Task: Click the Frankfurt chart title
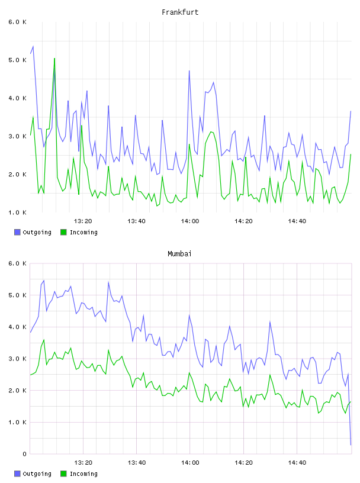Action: pyautogui.click(x=180, y=12)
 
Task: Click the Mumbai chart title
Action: pyautogui.click(x=179, y=254)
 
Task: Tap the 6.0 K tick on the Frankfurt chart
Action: pyautogui.click(x=18, y=22)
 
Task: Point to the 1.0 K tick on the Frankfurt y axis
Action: pyautogui.click(x=18, y=212)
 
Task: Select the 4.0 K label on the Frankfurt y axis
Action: pyautogui.click(x=18, y=98)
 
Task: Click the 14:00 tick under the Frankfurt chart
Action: pyautogui.click(x=190, y=221)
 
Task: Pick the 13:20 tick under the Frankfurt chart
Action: pyautogui.click(x=83, y=221)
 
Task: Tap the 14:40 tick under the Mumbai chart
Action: pyautogui.click(x=297, y=463)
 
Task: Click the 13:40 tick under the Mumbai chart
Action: pyautogui.click(x=137, y=463)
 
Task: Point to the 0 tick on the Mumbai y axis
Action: pyautogui.click(x=25, y=454)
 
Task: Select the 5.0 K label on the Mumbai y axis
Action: pyautogui.click(x=18, y=295)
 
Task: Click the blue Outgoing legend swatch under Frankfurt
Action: pyautogui.click(x=17, y=232)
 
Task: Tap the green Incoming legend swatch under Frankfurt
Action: pyautogui.click(x=63, y=232)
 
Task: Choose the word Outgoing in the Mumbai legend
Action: pyautogui.click(x=37, y=474)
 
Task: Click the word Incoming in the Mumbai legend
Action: pyautogui.click(x=83, y=474)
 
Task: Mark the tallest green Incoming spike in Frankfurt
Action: pyautogui.click(x=54, y=58)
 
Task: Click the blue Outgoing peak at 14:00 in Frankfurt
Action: pyautogui.click(x=189, y=71)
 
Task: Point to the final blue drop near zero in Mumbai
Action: pyautogui.click(x=351, y=445)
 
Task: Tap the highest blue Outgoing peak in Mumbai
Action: pyautogui.click(x=44, y=281)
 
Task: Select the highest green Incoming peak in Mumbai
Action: pyautogui.click(x=44, y=340)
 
